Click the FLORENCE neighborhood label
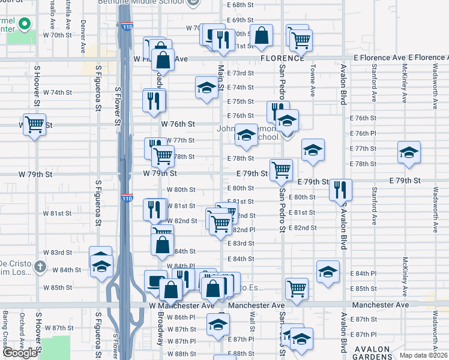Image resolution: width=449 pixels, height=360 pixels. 283,58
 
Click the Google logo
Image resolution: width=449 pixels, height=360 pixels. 20,353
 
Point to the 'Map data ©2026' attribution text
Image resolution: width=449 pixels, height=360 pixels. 423,355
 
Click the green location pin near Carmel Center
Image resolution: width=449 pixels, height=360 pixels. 25,25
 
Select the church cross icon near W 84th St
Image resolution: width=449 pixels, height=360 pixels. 40,266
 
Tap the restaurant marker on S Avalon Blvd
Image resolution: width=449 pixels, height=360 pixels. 340,190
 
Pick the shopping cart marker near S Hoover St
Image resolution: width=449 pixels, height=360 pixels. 34,125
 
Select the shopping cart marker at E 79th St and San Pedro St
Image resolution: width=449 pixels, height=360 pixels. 281,170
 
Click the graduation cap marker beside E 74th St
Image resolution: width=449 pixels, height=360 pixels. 206,88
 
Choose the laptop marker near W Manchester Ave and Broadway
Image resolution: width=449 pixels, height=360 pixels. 155,281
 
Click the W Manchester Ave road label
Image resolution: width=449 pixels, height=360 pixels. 182,306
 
